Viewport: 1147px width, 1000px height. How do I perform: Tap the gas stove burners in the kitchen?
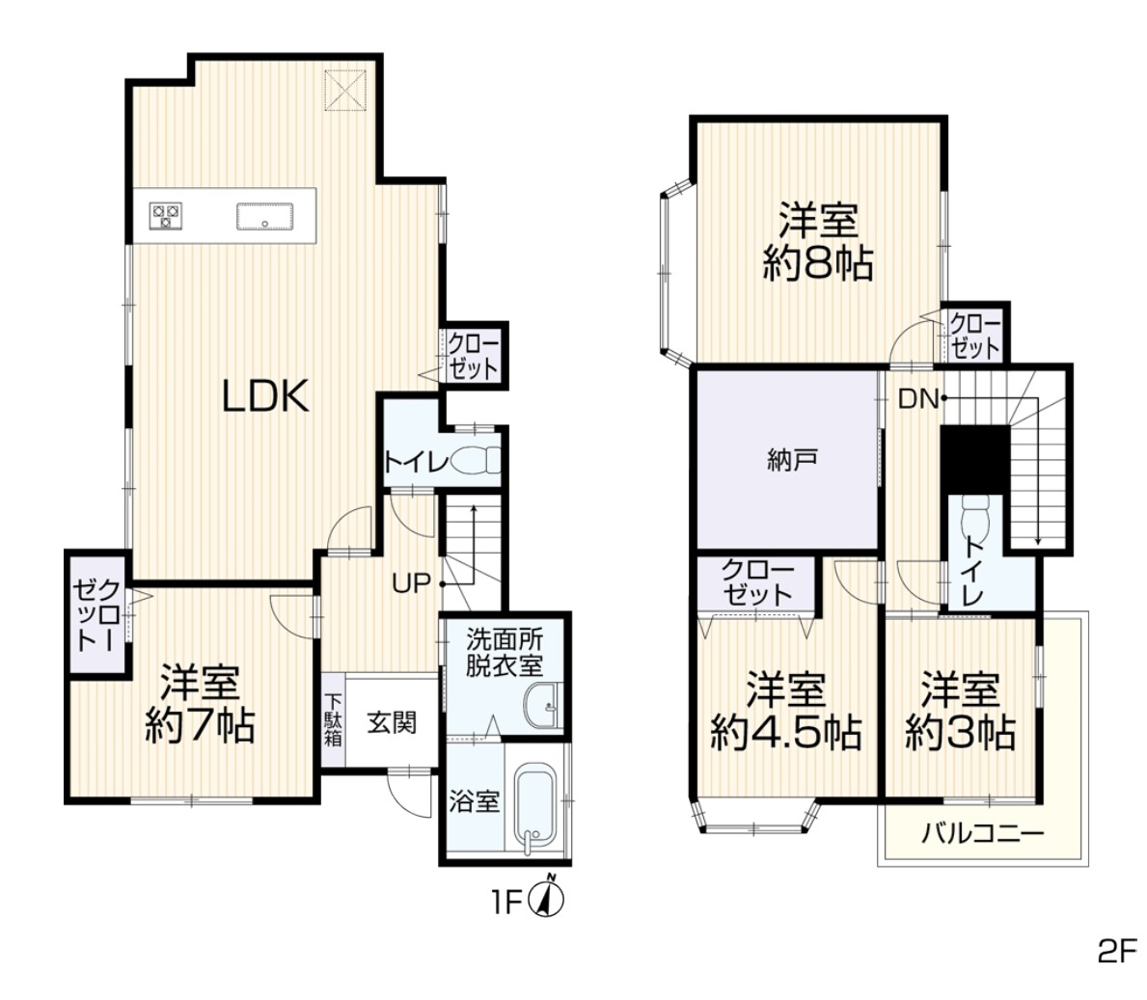click(x=165, y=216)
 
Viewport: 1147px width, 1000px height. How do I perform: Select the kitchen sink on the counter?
click(x=265, y=216)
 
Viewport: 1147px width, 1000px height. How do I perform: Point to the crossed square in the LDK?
click(x=345, y=90)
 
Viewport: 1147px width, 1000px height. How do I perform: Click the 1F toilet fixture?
click(x=476, y=461)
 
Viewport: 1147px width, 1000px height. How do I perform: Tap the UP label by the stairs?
click(x=411, y=583)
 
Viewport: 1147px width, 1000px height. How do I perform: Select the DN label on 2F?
click(x=917, y=399)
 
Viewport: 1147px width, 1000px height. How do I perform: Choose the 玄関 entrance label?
click(x=392, y=723)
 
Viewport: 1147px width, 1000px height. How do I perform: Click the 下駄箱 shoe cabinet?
click(x=333, y=719)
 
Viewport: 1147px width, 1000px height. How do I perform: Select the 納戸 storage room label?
click(x=792, y=460)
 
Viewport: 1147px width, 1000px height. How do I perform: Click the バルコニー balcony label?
click(x=982, y=832)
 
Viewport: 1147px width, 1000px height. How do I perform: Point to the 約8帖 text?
click(x=818, y=263)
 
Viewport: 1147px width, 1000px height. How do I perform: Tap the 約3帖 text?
click(x=960, y=732)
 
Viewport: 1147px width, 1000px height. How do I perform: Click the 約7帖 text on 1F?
click(x=200, y=725)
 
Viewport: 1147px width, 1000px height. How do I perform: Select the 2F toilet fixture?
click(x=976, y=518)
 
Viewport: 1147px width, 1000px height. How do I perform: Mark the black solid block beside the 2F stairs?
click(x=974, y=459)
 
